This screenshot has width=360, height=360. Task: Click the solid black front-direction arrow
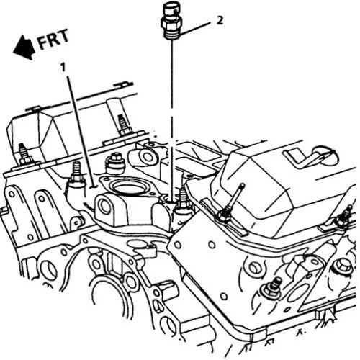24,48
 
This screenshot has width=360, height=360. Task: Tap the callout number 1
63,67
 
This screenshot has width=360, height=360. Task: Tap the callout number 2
220,20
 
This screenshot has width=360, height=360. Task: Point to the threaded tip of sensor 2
172,35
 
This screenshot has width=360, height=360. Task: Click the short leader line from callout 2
195,28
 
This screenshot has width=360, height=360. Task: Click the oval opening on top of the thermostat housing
130,186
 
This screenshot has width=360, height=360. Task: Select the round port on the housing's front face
105,207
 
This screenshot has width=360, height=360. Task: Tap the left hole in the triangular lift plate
177,245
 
